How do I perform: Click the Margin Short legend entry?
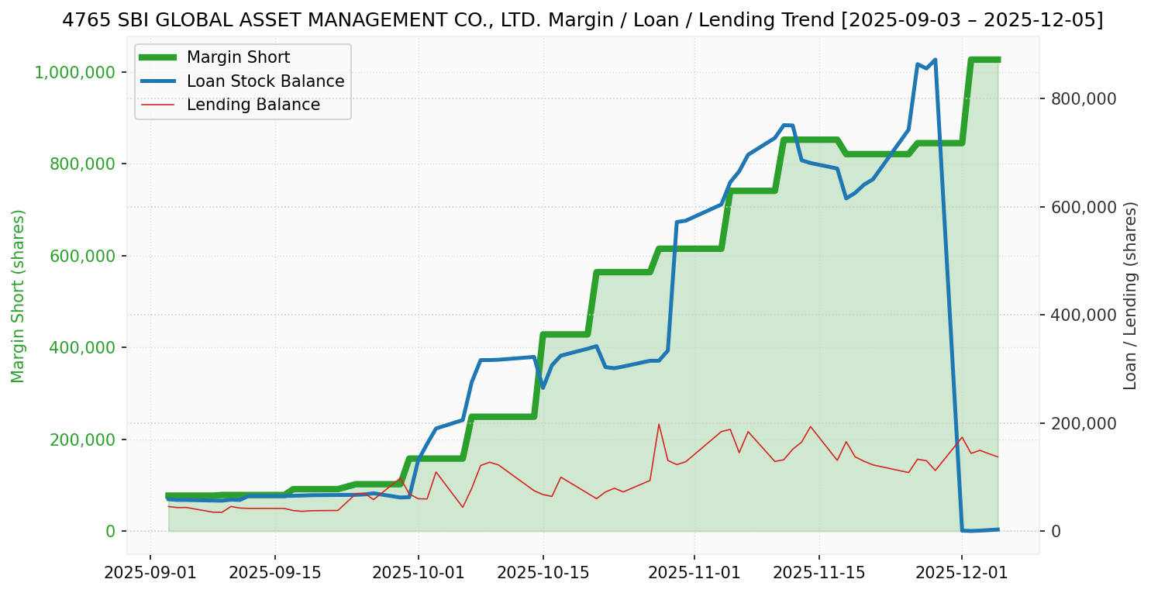(x=238, y=58)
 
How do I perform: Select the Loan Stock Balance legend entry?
(x=265, y=81)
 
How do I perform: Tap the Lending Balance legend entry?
(x=253, y=105)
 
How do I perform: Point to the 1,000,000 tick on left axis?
(x=74, y=72)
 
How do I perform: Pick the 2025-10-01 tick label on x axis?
(x=418, y=574)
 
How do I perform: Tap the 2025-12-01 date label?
(x=962, y=574)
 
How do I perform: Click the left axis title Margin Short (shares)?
(x=19, y=296)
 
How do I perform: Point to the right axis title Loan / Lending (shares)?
(x=1130, y=296)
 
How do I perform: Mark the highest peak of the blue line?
(x=936, y=60)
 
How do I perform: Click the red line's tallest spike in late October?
(x=659, y=424)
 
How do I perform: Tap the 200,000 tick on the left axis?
(x=82, y=440)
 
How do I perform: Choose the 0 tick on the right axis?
(x=1056, y=532)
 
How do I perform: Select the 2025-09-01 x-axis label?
(x=150, y=574)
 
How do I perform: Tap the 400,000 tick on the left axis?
(x=82, y=347)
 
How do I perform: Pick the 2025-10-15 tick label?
(x=543, y=574)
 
